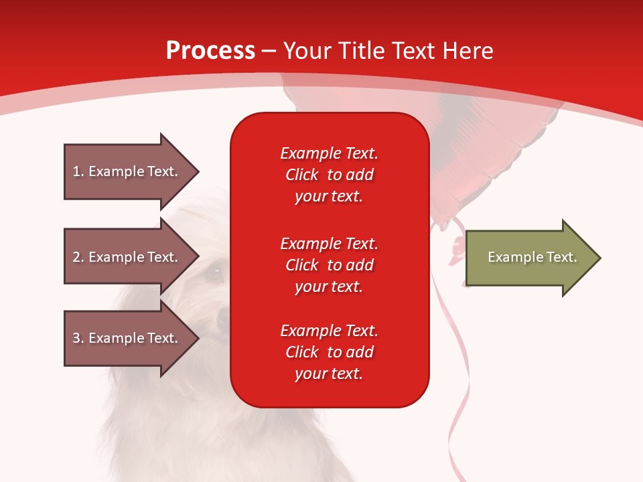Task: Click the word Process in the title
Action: (x=211, y=51)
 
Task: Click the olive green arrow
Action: (x=534, y=258)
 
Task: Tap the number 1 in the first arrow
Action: (x=76, y=171)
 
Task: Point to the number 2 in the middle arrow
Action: (x=77, y=257)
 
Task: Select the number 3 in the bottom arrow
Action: (x=77, y=338)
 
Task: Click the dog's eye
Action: (x=214, y=272)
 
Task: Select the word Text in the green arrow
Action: (x=562, y=257)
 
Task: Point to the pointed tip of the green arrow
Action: (x=601, y=258)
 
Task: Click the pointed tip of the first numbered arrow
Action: (x=199, y=172)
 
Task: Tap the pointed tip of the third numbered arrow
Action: (x=199, y=337)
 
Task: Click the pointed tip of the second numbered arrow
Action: (x=199, y=256)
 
